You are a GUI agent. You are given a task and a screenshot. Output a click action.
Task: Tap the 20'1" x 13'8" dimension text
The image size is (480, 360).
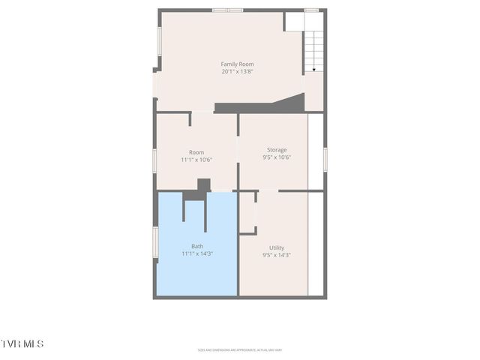point(237,72)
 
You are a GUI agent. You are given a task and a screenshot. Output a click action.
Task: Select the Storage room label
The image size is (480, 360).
point(277,150)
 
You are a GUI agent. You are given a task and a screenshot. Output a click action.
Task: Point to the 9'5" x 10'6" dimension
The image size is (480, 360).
point(277,157)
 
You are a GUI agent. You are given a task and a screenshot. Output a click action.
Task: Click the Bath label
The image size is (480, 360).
point(197,246)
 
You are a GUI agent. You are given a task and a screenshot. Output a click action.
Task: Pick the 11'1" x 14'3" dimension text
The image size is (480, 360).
point(197,254)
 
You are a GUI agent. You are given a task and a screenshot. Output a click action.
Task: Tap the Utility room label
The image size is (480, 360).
point(277,247)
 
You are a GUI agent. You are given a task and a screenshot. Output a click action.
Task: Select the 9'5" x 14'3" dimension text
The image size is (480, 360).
point(277,255)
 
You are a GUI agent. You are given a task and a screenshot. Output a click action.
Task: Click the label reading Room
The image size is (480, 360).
point(196,152)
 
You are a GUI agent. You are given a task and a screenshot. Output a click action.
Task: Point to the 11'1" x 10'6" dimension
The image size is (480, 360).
point(196,160)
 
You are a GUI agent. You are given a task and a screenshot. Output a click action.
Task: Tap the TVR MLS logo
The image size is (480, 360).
point(22,343)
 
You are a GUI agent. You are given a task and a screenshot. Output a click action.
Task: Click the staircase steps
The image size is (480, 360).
point(314,45)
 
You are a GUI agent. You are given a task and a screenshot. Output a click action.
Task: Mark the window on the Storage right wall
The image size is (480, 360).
point(325,158)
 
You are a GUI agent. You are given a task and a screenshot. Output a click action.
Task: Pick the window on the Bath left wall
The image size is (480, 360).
point(155,242)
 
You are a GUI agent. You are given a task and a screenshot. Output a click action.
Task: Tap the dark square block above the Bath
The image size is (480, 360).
point(203,184)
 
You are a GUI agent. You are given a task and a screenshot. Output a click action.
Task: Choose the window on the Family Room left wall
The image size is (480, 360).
point(159,41)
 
